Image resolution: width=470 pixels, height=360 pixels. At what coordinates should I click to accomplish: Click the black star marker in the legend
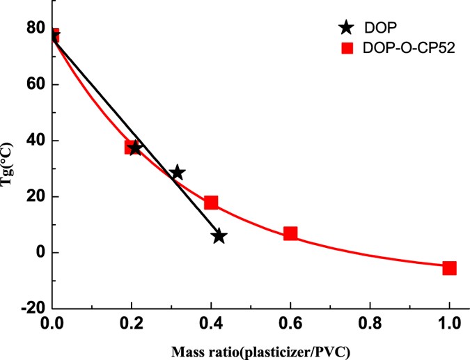point(346,29)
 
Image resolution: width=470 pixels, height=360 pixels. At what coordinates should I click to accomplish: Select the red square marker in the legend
point(346,49)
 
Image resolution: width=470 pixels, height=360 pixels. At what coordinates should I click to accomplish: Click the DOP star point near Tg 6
point(219,236)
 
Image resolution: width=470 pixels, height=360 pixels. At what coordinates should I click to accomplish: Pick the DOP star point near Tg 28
point(178,173)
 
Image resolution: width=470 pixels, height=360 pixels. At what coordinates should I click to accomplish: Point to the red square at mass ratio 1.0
point(449,267)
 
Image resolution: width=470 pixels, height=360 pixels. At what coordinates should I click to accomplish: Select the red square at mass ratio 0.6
point(290,233)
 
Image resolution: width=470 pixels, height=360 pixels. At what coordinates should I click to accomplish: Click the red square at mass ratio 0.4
point(211,203)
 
